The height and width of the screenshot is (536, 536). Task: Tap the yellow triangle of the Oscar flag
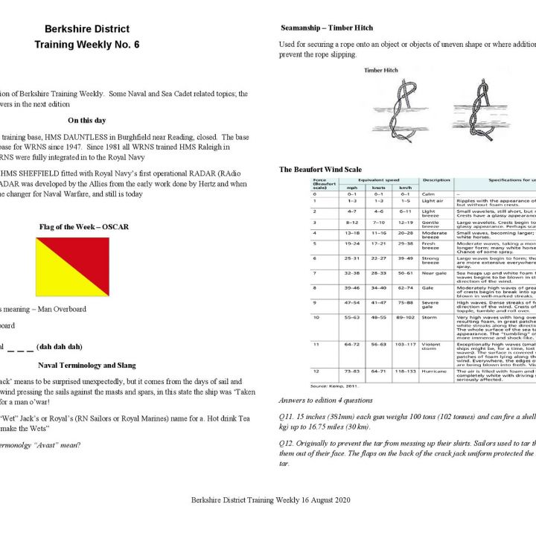[55, 279]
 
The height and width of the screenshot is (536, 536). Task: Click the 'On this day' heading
[86, 120]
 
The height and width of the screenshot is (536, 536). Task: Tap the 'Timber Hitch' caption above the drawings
[383, 71]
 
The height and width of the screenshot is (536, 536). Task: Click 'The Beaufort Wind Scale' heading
[320, 170]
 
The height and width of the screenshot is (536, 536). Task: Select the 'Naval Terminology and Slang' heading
[87, 366]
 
